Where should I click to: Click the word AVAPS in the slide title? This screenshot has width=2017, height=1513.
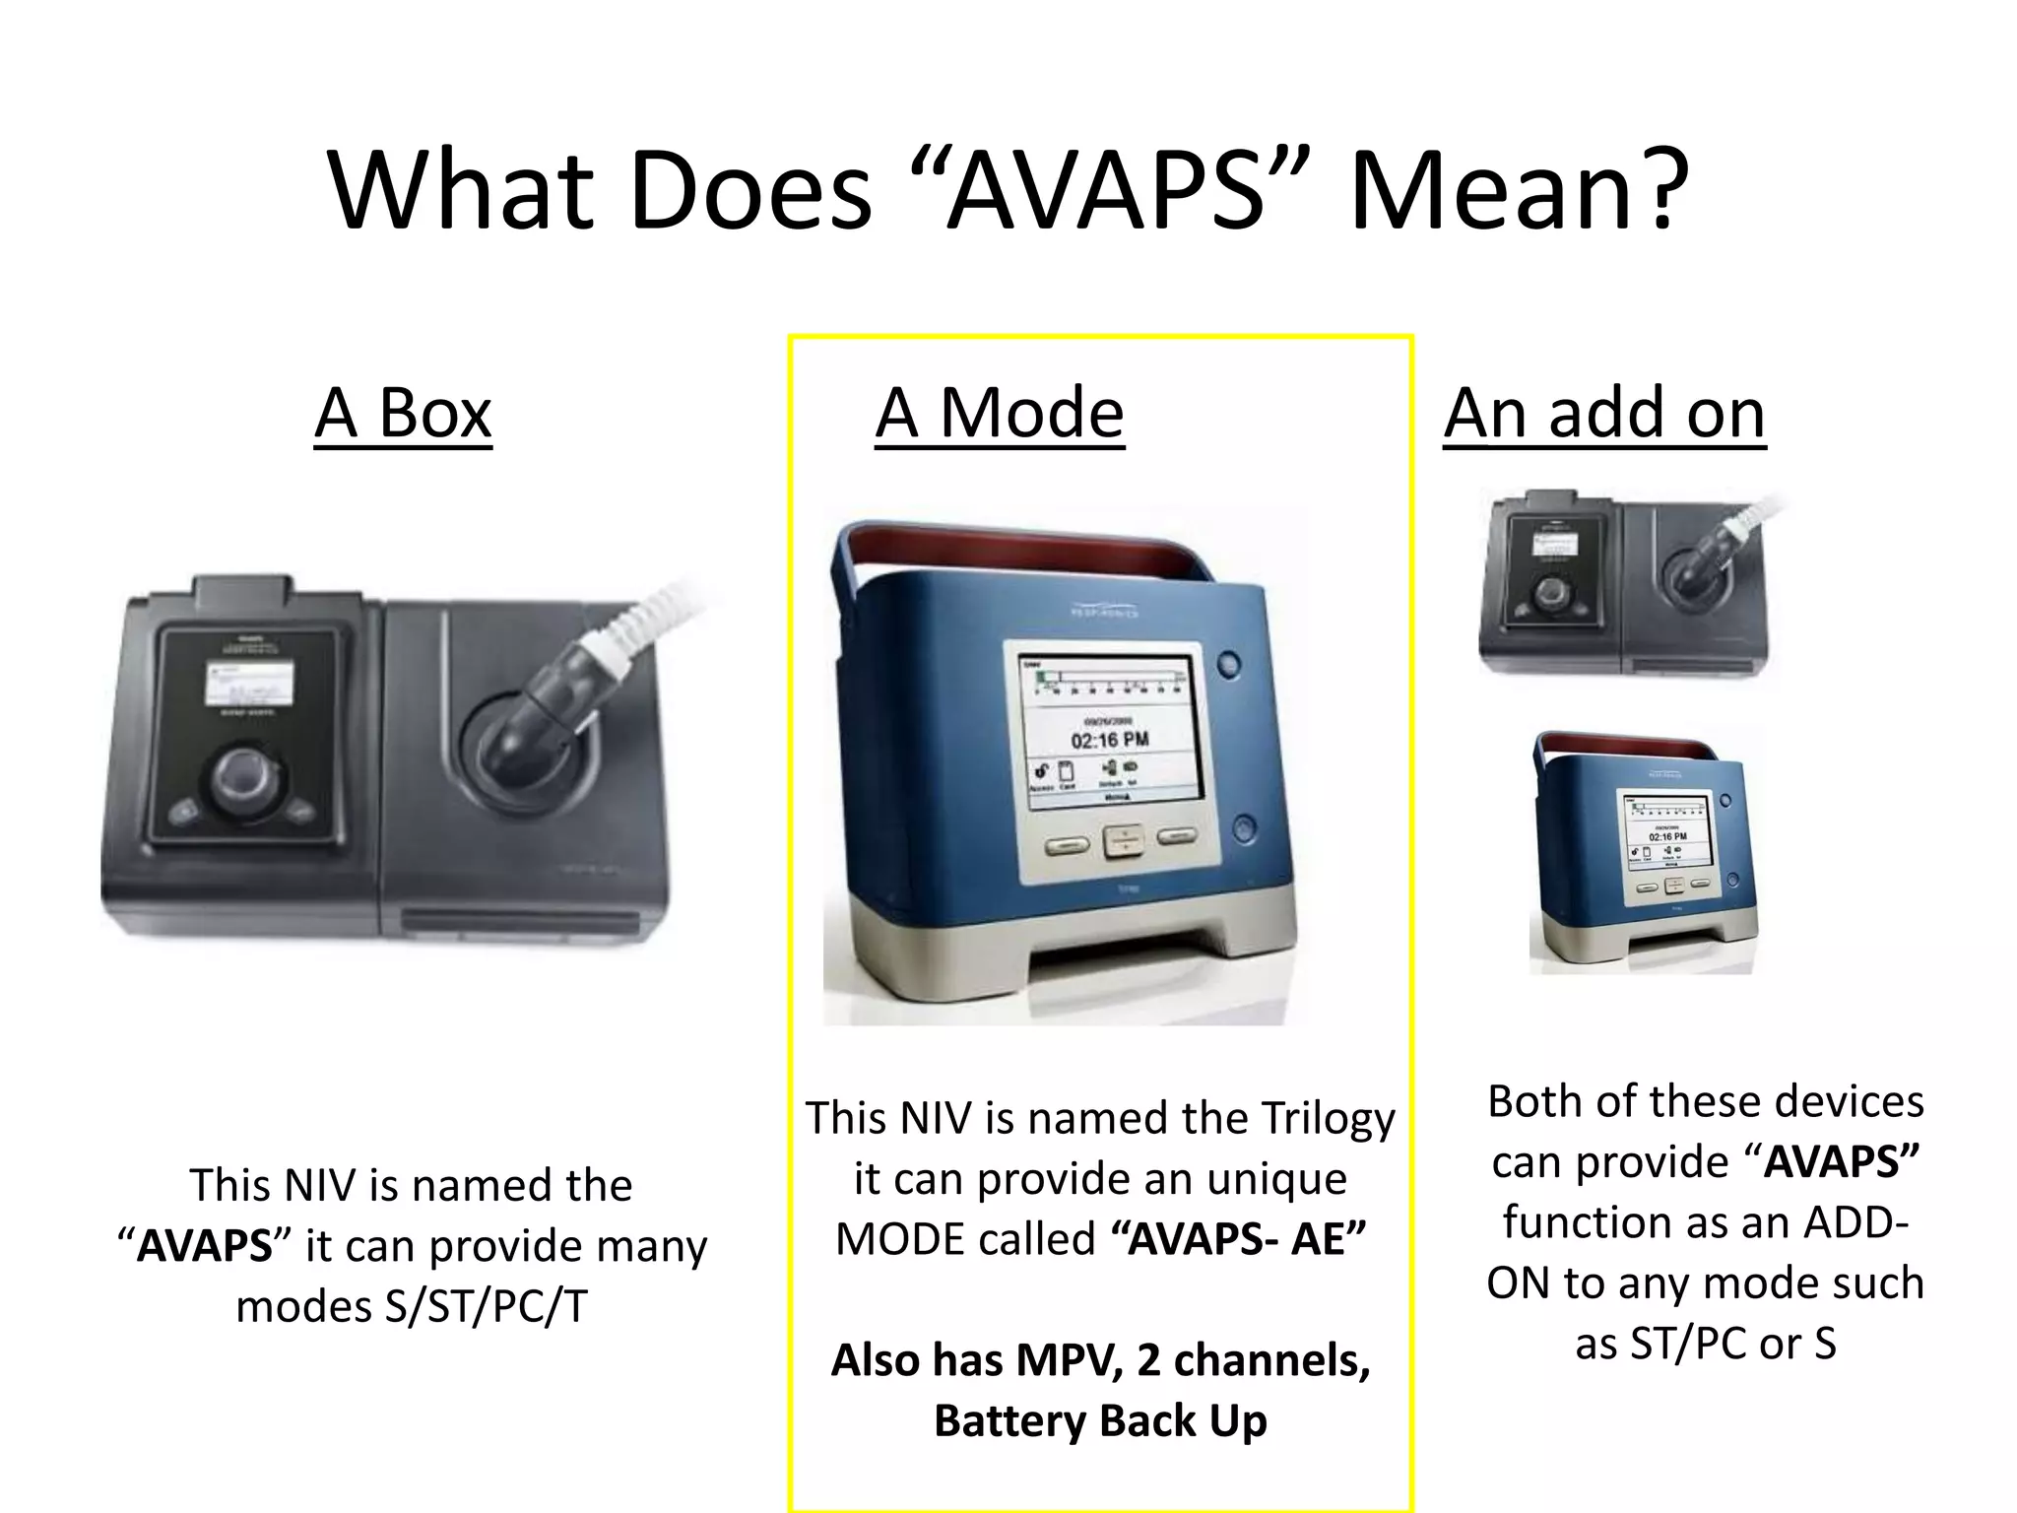point(1105,190)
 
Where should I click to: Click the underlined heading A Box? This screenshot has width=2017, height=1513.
point(403,414)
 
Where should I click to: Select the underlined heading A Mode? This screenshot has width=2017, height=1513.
point(1000,414)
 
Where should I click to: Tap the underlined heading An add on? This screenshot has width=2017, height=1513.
point(1604,414)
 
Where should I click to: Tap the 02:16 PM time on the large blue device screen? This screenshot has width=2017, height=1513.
point(1109,740)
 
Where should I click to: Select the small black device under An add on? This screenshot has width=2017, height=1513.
point(1625,586)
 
